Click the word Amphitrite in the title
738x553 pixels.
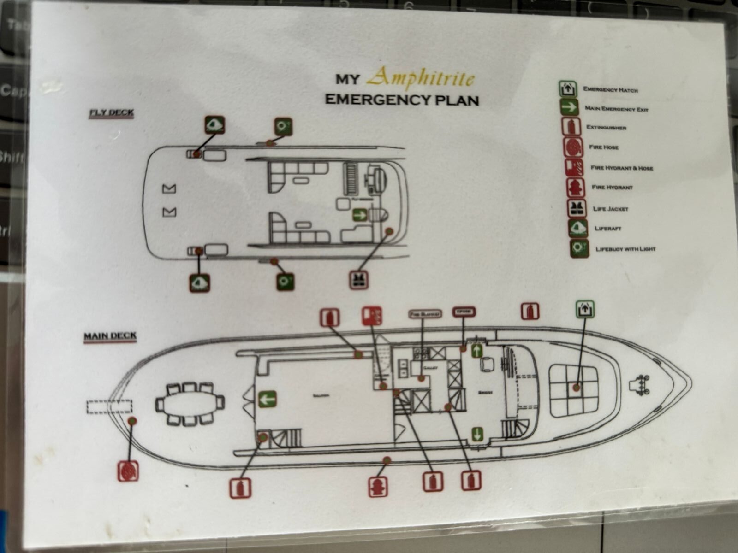420,77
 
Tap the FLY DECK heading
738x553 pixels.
112,112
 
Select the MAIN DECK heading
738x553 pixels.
110,335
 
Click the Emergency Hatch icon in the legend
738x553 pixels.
568,89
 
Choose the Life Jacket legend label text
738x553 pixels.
611,209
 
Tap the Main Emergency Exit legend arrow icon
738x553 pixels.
570,108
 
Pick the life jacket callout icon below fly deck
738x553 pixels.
358,279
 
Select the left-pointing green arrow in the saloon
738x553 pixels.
267,399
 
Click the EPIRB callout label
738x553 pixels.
464,312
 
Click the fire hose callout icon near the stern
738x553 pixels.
128,471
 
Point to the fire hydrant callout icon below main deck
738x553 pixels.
378,486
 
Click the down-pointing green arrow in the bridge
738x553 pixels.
477,434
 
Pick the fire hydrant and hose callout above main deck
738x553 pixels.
372,316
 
